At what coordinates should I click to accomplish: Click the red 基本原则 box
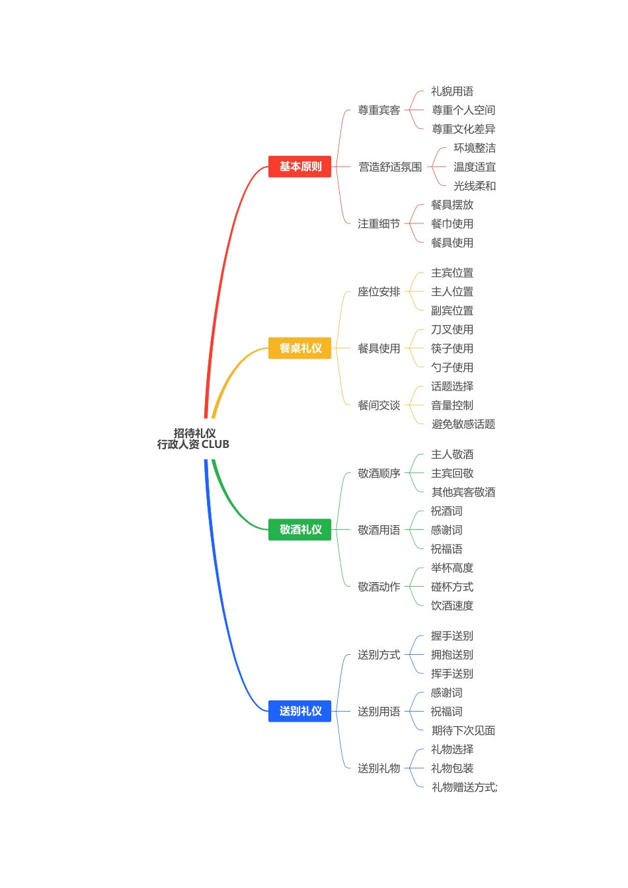click(x=299, y=166)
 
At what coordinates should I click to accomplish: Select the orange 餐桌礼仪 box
click(x=299, y=348)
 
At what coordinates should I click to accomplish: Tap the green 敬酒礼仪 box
click(x=299, y=529)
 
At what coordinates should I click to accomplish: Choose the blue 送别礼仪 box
click(x=299, y=711)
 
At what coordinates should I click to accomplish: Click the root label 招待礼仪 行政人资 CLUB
click(x=194, y=439)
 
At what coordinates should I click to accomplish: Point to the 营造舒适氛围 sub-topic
click(x=390, y=167)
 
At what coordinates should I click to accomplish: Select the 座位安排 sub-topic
click(x=379, y=292)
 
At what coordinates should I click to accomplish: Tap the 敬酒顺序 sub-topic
click(x=379, y=473)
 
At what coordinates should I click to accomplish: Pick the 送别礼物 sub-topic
click(x=379, y=768)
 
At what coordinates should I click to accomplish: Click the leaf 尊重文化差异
click(x=463, y=129)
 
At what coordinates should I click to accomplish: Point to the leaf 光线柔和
click(x=475, y=186)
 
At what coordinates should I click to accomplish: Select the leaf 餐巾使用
click(x=452, y=224)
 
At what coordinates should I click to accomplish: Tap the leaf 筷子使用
click(x=452, y=349)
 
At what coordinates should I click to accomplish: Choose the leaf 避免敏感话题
click(x=463, y=424)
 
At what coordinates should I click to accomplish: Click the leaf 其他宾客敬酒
click(x=463, y=492)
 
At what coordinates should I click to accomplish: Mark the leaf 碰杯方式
click(x=452, y=587)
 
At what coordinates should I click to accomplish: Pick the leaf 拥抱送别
click(x=452, y=655)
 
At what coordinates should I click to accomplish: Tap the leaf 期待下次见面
click(x=463, y=731)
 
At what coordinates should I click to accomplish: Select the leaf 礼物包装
click(x=452, y=768)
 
